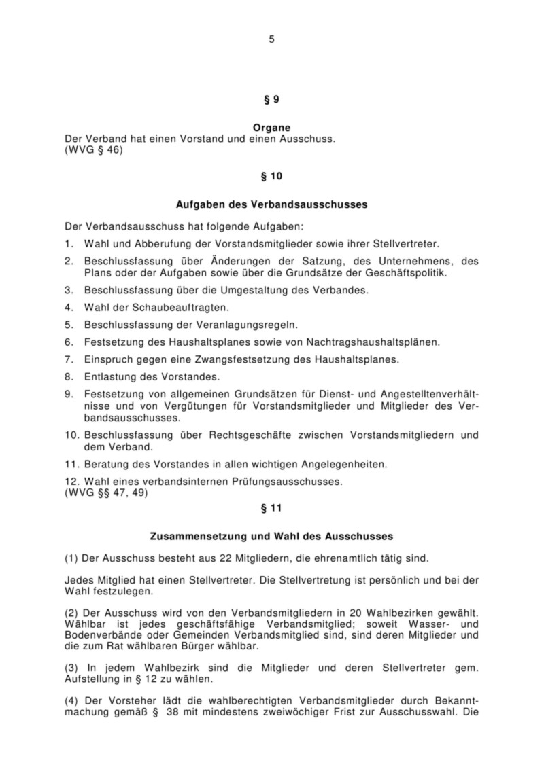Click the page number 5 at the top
pos(271,39)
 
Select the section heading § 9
pos(271,99)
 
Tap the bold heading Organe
pos(271,127)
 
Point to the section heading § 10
pos(271,177)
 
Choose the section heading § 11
pos(271,507)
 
